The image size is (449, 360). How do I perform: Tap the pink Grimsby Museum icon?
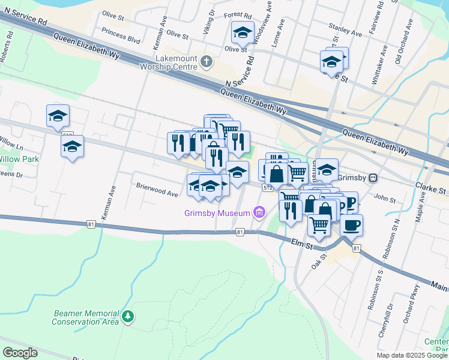point(259,212)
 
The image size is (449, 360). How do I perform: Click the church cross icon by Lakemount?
point(206,61)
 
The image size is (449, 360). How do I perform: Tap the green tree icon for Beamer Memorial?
point(127,316)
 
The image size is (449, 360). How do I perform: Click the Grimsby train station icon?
point(373,178)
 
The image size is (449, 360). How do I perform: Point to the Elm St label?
point(303,243)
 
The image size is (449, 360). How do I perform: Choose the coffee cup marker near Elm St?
point(351,225)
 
